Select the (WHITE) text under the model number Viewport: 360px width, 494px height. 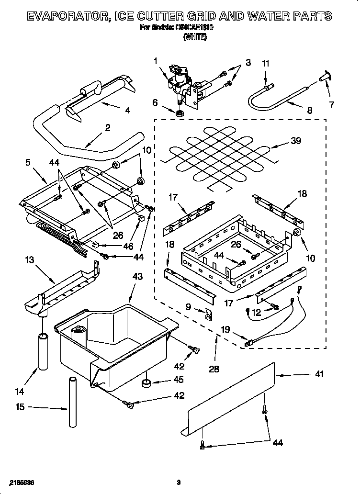point(195,37)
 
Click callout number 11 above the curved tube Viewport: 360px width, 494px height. point(266,63)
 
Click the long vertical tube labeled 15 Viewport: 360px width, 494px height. point(72,402)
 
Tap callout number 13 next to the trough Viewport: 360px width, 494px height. point(29,260)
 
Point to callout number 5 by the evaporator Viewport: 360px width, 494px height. point(27,163)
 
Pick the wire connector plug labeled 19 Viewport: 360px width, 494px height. point(247,342)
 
